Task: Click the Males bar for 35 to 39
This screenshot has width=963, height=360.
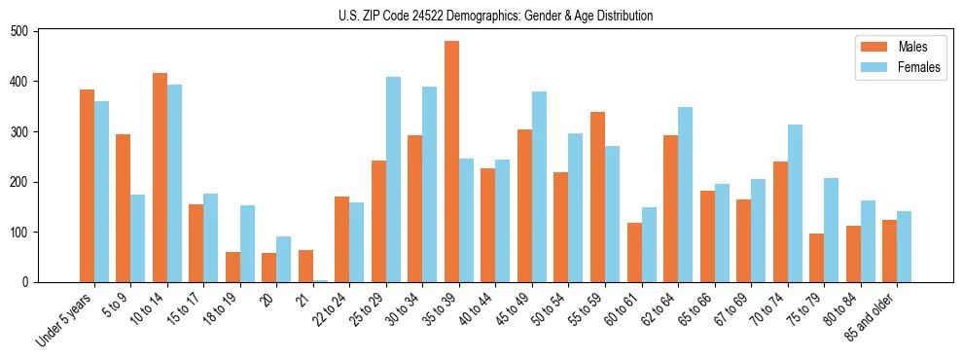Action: (451, 162)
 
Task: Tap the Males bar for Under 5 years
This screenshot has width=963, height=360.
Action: (87, 186)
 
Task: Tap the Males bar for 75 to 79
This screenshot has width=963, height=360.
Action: (817, 258)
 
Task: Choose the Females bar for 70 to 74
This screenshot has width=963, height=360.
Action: (795, 203)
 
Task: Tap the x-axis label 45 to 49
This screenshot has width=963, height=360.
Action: (517, 310)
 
